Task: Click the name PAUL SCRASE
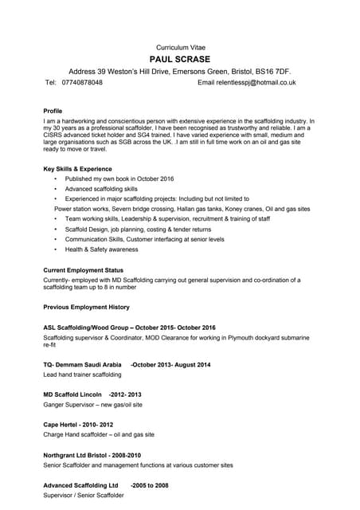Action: pyautogui.click(x=179, y=59)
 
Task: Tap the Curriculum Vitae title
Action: pyautogui.click(x=179, y=47)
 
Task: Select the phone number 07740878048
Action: pyautogui.click(x=82, y=82)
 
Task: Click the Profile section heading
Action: pyautogui.click(x=53, y=111)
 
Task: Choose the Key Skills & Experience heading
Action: pyautogui.click(x=77, y=169)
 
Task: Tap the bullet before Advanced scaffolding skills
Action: pyautogui.click(x=55, y=189)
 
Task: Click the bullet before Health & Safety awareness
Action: pyautogui.click(x=55, y=249)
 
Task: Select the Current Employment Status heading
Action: pyautogui.click(x=83, y=270)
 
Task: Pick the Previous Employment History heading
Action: pyautogui.click(x=86, y=307)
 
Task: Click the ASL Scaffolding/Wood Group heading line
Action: pyautogui.click(x=129, y=328)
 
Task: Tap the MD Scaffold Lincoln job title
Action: pyautogui.click(x=72, y=394)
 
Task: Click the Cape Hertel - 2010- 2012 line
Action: pyautogui.click(x=77, y=425)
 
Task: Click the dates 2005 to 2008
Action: pyautogui.click(x=150, y=484)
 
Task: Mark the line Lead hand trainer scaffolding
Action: pyautogui.click(x=82, y=375)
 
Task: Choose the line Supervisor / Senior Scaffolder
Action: pyautogui.click(x=84, y=495)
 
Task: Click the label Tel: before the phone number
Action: pyautogui.click(x=51, y=82)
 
